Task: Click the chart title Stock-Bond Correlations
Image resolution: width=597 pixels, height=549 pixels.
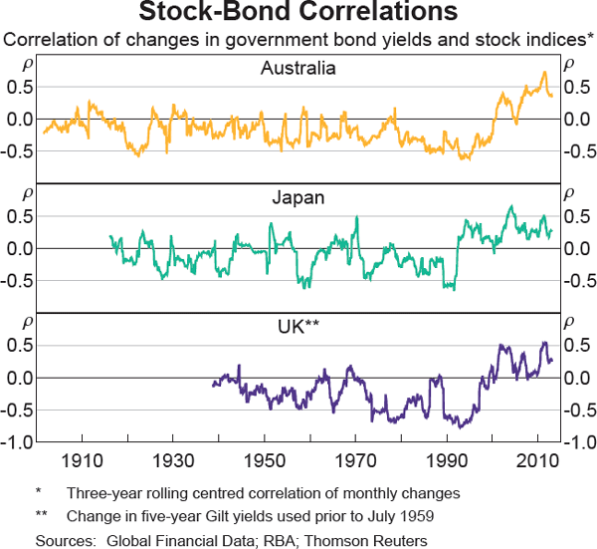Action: point(298,13)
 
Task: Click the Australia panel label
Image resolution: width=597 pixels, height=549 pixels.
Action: point(298,69)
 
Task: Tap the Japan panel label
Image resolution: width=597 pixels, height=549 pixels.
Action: point(298,197)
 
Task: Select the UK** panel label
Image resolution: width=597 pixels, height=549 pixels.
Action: point(298,326)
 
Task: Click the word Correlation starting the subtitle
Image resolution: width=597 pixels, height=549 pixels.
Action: point(48,40)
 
